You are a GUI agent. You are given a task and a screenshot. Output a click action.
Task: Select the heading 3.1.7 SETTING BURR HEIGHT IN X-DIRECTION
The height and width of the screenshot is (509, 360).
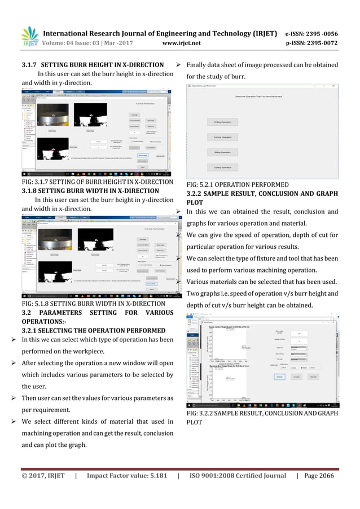93,64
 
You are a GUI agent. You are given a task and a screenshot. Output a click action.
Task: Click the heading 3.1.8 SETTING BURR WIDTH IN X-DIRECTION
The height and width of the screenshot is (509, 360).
90,190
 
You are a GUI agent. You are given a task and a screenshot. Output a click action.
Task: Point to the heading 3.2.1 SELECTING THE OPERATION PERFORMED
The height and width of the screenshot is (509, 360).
93,330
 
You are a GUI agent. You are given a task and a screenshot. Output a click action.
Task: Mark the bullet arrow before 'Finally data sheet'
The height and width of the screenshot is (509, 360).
178,64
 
